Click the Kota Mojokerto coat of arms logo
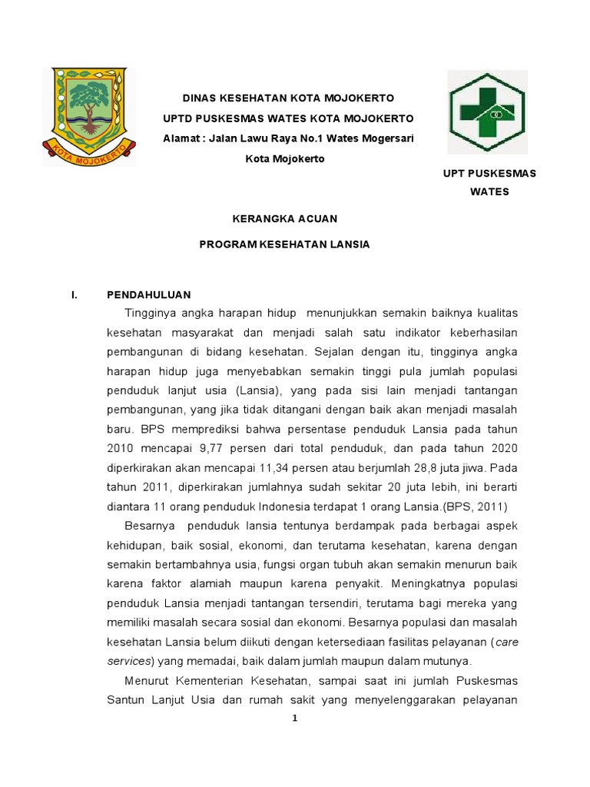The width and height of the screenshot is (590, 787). [x=89, y=115]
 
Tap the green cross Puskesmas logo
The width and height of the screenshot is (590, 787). [x=487, y=113]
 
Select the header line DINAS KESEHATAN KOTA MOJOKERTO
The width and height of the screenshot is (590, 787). [x=287, y=98]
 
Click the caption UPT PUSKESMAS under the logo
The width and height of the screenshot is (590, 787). [x=489, y=174]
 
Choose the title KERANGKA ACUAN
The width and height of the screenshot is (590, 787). [x=284, y=219]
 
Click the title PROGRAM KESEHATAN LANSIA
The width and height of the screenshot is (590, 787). [x=284, y=244]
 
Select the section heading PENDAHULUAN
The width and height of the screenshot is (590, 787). [x=148, y=294]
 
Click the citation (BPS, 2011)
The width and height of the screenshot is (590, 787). [x=475, y=506]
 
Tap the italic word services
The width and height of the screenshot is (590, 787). [x=126, y=661]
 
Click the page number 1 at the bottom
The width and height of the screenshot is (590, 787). [x=294, y=719]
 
